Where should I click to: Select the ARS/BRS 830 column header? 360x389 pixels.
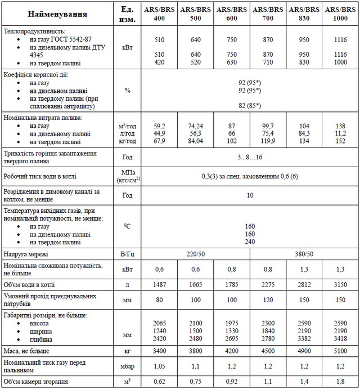pos(304,14)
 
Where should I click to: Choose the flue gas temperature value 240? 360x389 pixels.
pos(250,242)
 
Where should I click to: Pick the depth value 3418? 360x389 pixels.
pos(340,339)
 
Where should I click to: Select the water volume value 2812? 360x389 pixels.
pos(304,285)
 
